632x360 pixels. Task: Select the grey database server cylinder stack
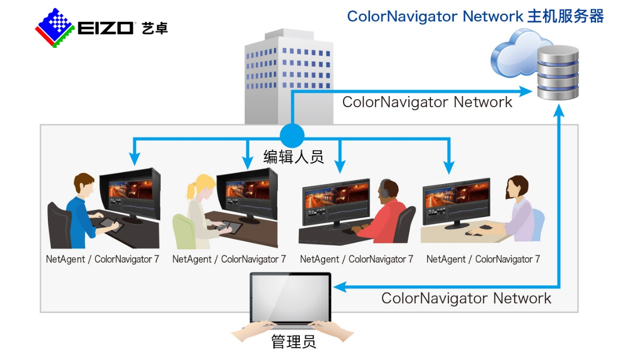pos(558,72)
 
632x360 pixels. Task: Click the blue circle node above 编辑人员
pos(291,135)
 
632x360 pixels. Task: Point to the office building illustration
pos(288,77)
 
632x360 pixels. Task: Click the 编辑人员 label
pos(293,157)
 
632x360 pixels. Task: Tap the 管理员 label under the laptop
pos(293,342)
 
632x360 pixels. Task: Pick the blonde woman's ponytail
pos(190,192)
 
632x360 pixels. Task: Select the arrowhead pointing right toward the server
pos(526,91)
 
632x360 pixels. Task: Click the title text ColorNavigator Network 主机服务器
pos(475,16)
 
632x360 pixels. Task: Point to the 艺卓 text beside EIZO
pos(155,28)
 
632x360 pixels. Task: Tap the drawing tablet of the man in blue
pos(110,224)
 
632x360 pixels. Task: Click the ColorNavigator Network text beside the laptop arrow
pos(466,298)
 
